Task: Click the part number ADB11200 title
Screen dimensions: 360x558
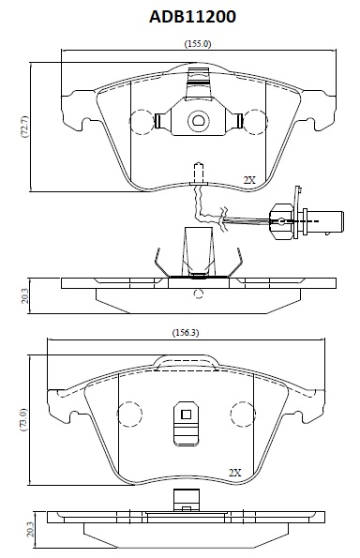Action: [x=192, y=17]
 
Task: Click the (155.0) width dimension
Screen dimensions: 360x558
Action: [x=198, y=44]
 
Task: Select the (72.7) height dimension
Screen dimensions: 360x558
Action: [x=25, y=127]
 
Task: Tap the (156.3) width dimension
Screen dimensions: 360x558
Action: [x=186, y=333]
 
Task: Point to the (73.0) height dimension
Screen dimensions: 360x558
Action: [x=22, y=419]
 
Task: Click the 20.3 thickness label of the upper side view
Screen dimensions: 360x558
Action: [x=24, y=296]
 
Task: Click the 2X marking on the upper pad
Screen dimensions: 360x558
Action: [x=249, y=180]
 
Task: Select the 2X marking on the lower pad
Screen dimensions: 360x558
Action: [x=234, y=473]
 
